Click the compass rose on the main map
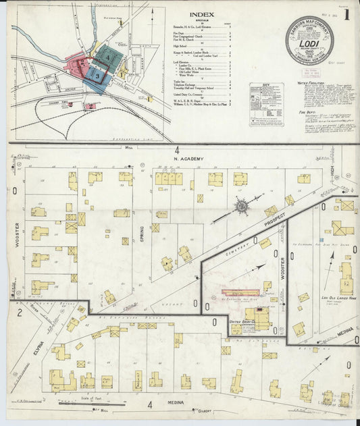pyautogui.click(x=240, y=205)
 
